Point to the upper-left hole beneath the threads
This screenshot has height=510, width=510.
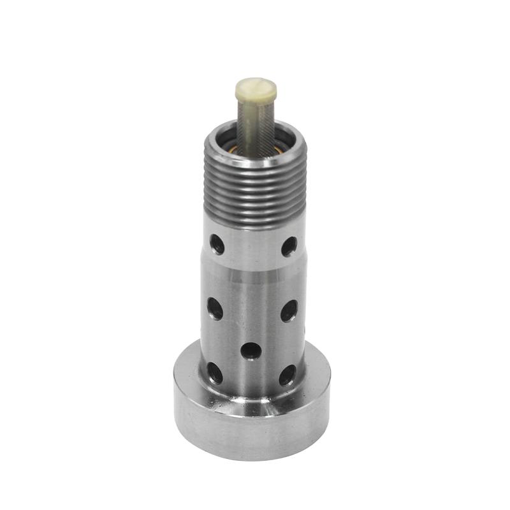(x=217, y=244)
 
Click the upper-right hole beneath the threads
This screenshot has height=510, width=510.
(x=289, y=245)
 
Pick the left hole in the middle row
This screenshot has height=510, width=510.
(x=215, y=309)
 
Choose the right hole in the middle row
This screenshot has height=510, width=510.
(x=289, y=310)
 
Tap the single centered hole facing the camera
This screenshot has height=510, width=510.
(x=251, y=351)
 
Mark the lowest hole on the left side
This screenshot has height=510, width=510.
(x=215, y=372)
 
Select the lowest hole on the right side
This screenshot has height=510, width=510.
(x=288, y=375)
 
